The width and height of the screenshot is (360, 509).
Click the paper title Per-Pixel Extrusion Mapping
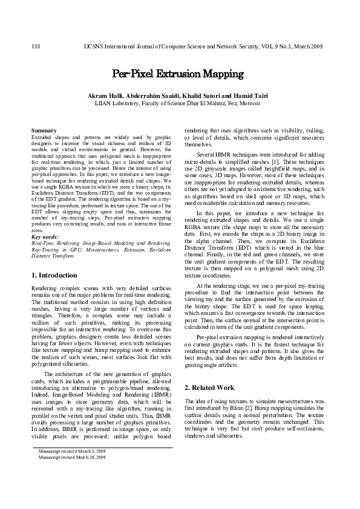coord(178,74)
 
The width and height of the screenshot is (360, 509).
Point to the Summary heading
coord(44,130)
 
